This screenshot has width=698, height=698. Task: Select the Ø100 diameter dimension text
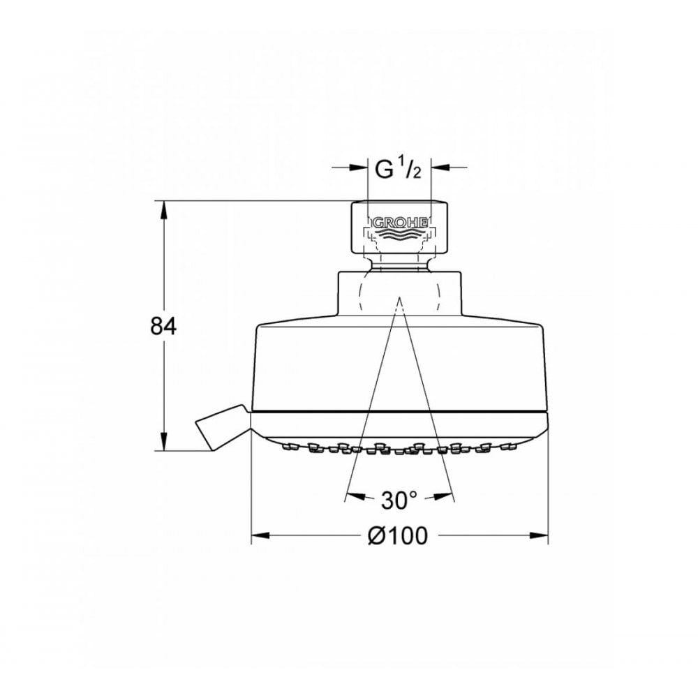coord(397,536)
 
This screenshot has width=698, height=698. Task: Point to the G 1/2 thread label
coord(398,170)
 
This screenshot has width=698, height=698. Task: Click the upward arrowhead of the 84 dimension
coord(165,209)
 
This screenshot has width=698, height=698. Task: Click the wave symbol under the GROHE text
coord(399,235)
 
